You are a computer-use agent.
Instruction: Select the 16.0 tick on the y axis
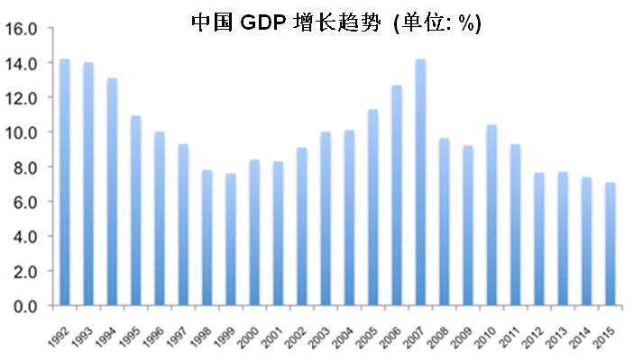22,28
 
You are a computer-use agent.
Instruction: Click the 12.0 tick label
22,97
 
